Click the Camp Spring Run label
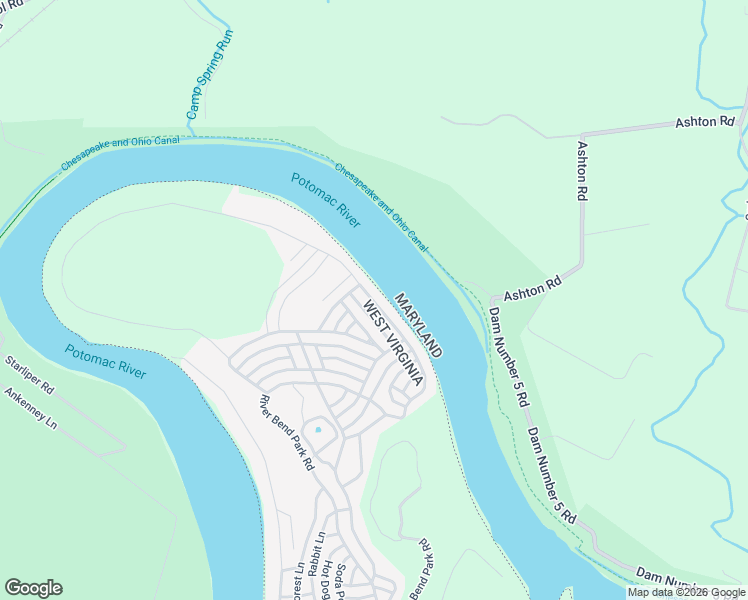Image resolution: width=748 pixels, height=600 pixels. [210, 70]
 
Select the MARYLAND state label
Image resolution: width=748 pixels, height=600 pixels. [418, 326]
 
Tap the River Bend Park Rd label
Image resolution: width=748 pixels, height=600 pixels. [287, 433]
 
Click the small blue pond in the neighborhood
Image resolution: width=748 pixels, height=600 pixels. [318, 430]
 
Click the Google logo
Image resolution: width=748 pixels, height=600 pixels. [33, 588]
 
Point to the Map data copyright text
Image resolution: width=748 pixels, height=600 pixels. [687, 592]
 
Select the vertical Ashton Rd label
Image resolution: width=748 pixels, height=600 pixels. [581, 171]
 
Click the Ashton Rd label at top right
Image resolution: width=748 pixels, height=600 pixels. [704, 122]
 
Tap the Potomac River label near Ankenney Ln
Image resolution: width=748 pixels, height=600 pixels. [105, 361]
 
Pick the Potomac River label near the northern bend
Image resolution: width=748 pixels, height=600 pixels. [325, 200]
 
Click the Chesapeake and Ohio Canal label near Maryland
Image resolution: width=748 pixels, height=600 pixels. [382, 207]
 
